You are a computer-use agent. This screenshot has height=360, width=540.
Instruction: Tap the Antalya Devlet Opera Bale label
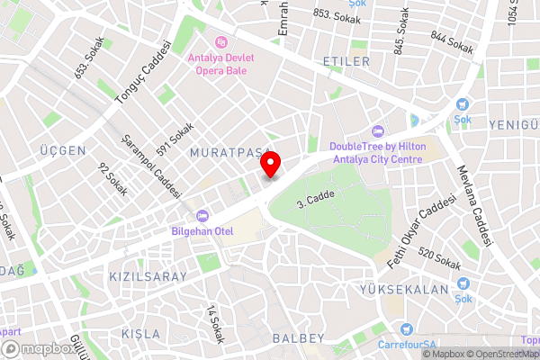[x=220, y=64]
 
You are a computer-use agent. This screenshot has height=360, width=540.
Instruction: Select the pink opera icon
[x=221, y=41]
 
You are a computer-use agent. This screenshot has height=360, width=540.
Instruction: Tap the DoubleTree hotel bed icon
[x=377, y=130]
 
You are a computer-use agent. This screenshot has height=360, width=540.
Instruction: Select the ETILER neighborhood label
[x=346, y=61]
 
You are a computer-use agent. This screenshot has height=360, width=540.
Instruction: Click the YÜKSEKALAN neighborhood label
[x=416, y=290]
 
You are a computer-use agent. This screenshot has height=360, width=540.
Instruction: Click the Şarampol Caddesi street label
[x=151, y=167]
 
